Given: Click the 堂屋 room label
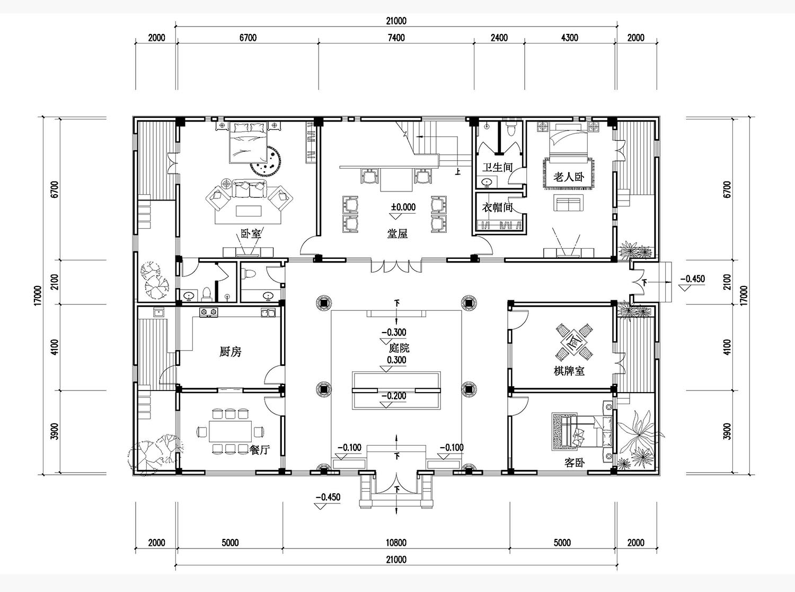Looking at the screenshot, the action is coord(397,234).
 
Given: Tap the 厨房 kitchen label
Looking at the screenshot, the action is coord(230,351).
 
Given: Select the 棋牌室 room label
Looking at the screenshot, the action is coord(569,371).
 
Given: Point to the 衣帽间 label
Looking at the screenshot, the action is coord(497,207).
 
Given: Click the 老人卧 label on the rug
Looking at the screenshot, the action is coord(569,177).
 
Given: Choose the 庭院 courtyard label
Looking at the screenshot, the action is coord(399,348).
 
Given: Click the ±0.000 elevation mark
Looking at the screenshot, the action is coord(403,207).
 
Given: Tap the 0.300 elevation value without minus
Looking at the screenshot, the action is coord(396,360).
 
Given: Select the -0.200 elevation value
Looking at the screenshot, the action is coord(394,396).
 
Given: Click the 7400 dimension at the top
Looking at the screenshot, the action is coord(396,38).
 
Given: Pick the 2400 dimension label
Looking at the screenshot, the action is coord(499,38).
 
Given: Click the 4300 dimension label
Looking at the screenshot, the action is coord(570,38).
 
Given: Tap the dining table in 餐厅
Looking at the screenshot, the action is coord(231,431).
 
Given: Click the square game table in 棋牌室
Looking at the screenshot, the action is coord(574,343).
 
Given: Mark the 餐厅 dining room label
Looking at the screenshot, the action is coord(260,450).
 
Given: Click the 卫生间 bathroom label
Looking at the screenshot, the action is coord(497,167).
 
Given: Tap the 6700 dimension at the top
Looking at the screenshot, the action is coord(248,38).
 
